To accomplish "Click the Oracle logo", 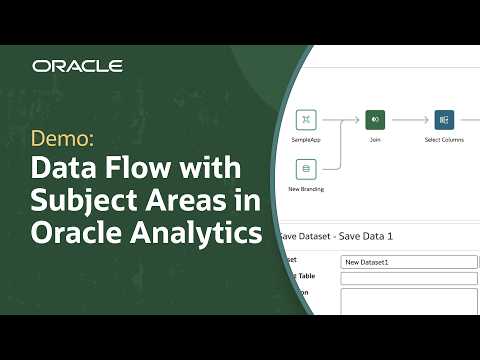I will point(77,66).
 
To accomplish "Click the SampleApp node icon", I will point(307,120).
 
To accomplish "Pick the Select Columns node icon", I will point(444,120).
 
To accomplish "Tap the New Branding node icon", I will point(307,168).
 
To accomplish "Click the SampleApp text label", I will point(307,141).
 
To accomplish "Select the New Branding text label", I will point(307,189).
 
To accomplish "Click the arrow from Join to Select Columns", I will point(410,120).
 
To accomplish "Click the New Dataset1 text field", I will point(409,262).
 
